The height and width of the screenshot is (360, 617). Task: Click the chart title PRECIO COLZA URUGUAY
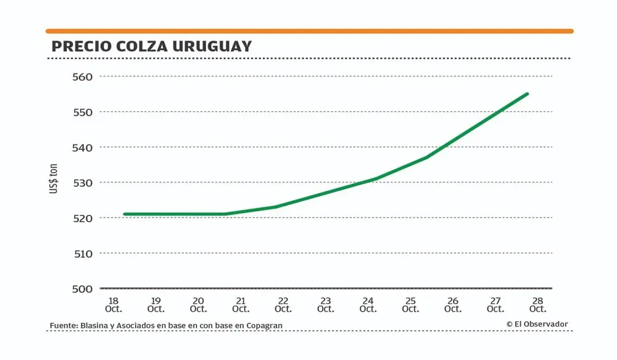click(x=152, y=47)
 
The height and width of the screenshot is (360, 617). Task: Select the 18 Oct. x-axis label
click(x=114, y=304)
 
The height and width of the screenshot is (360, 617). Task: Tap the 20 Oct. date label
click(x=198, y=304)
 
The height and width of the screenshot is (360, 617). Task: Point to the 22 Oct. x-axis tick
click(x=283, y=304)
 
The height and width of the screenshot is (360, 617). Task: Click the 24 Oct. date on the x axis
click(x=368, y=304)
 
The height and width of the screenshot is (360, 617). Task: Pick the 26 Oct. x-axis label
click(x=453, y=304)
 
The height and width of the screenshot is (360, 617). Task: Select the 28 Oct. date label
click(x=537, y=304)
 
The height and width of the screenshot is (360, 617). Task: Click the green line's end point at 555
click(x=528, y=94)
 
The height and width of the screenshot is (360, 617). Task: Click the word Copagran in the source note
click(x=265, y=325)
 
